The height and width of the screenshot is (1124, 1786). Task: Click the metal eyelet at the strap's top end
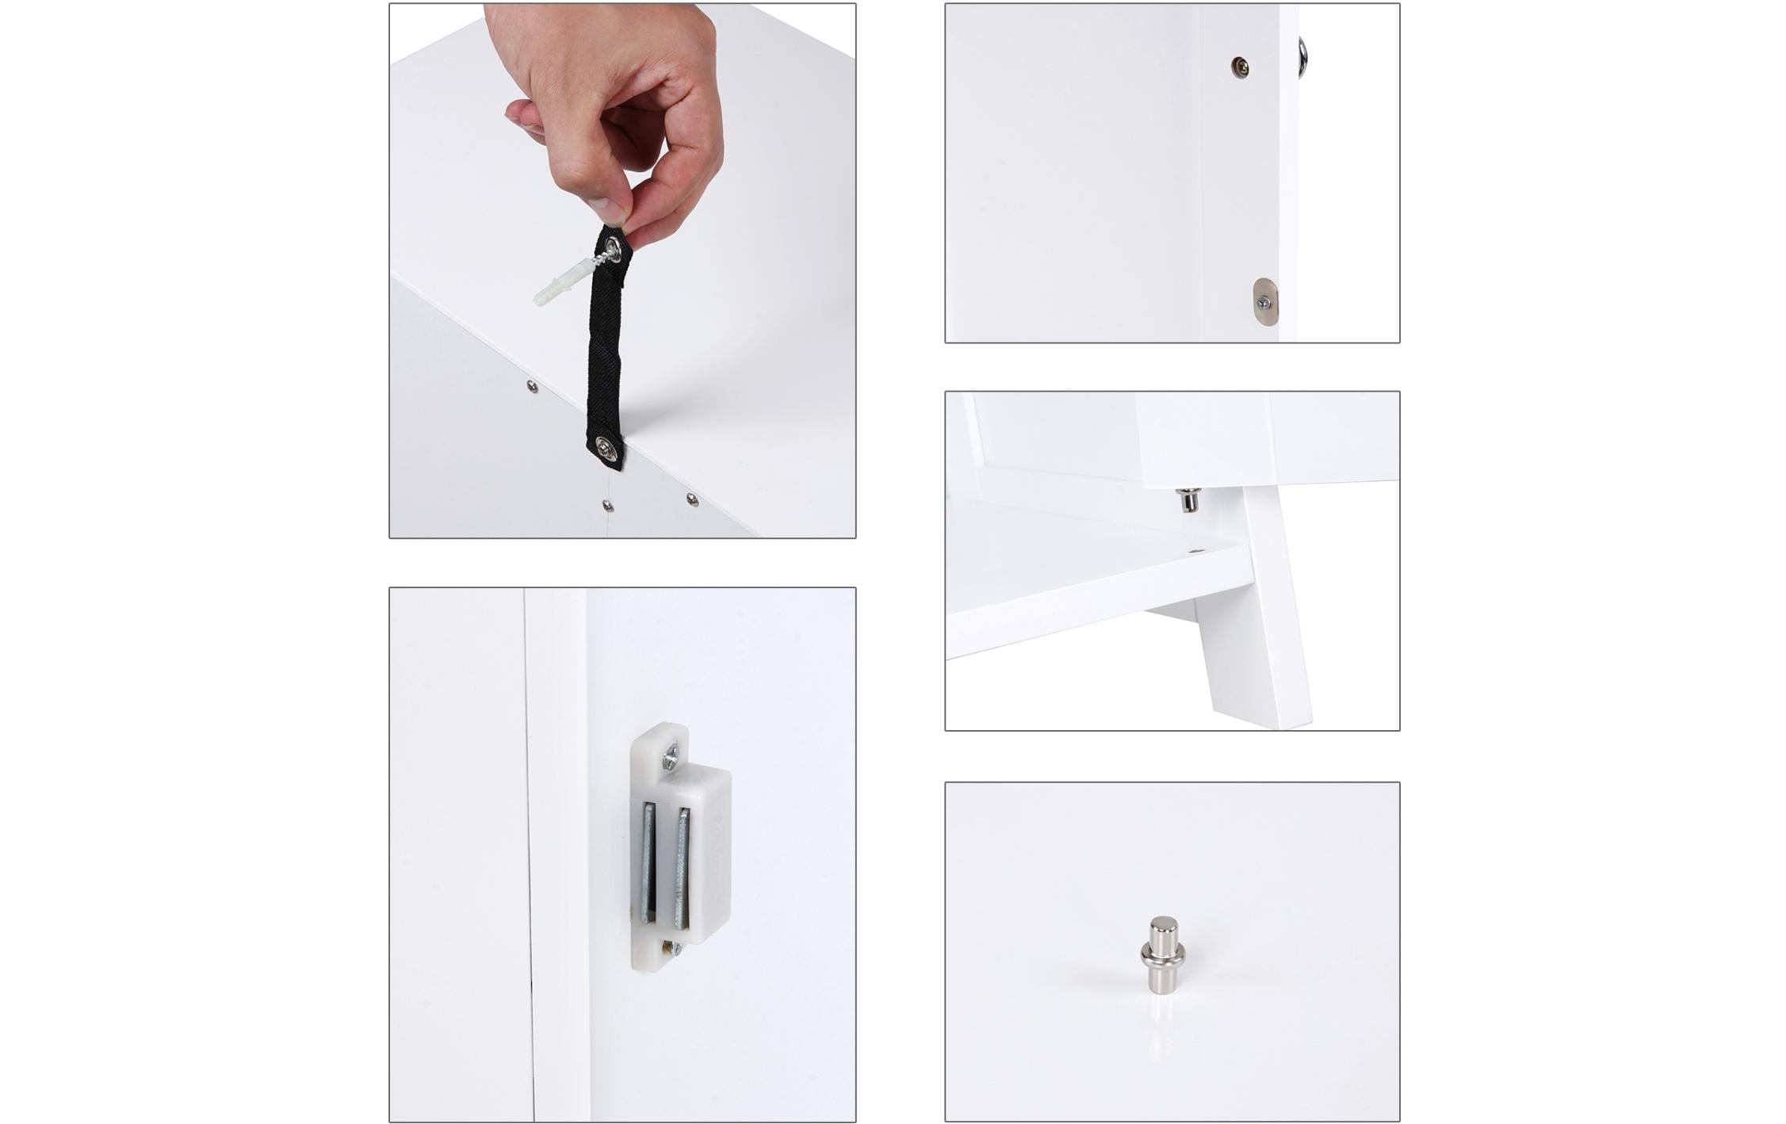pos(614,251)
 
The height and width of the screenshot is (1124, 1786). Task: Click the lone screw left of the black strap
pos(531,386)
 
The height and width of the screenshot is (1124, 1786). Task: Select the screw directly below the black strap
pos(606,505)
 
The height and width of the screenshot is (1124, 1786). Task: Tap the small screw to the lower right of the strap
pos(691,499)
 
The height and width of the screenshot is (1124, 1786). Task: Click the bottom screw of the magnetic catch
pos(672,947)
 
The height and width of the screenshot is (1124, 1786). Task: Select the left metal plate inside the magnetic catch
pos(649,864)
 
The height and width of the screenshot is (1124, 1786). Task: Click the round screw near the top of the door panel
pos(1241,67)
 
